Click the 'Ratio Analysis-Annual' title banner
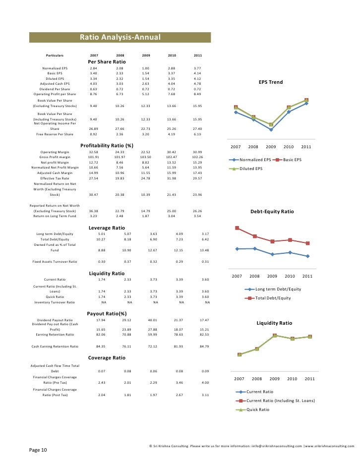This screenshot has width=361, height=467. [120, 38]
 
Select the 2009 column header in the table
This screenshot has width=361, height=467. [146, 55]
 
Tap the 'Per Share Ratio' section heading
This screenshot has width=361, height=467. [107, 61]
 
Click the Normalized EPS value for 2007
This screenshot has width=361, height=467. [94, 68]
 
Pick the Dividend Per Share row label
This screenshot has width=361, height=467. [55, 89]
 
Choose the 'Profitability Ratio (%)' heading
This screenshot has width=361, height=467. [107, 145]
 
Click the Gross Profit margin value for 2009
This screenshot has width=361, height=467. [146, 157]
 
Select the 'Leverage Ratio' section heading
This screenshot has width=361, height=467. [107, 228]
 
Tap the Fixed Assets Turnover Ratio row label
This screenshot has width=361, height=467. [55, 261]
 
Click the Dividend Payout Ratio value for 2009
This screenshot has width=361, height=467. [146, 320]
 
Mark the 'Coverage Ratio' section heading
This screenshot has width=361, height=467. [107, 357]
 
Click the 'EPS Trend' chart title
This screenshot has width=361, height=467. [271, 82]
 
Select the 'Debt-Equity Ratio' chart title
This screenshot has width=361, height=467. [272, 212]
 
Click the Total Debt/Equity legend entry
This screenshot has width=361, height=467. [272, 298]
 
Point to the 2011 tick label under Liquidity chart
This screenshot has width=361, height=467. [309, 379]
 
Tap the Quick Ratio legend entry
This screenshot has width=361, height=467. [257, 409]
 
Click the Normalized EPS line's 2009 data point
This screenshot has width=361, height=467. [271, 129]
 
